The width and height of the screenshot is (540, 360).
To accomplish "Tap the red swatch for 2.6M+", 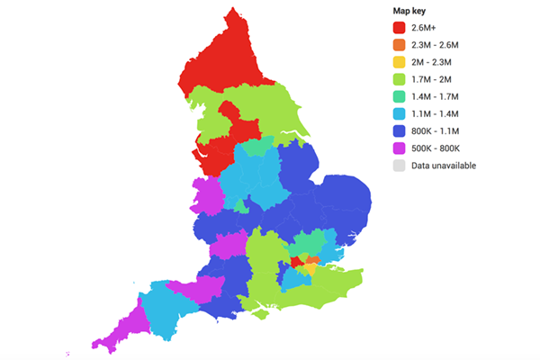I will coord(400,28).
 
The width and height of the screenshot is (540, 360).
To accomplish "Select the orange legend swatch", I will coord(400,45).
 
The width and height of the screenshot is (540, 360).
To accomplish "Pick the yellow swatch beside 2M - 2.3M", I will coord(400,62).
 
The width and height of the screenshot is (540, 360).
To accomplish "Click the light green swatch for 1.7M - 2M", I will coord(400,79).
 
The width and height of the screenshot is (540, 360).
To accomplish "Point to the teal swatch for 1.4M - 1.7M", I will coord(400,96).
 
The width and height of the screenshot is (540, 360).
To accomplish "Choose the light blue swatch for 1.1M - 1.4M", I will coord(400,113).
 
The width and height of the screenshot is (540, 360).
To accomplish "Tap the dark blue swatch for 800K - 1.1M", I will coord(400,131).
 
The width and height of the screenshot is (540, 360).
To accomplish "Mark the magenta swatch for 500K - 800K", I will coord(400,148).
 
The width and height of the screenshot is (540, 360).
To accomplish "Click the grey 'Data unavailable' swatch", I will coord(400,166).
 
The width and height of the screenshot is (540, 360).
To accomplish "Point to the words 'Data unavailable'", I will coord(444,166).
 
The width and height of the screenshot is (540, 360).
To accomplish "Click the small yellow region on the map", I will coord(310,267).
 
